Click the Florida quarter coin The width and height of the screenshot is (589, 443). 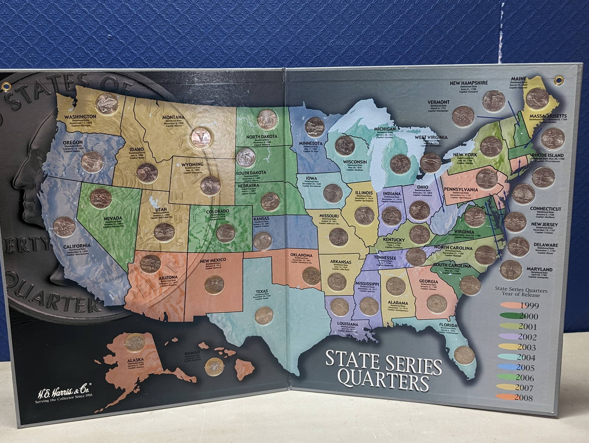(464, 355)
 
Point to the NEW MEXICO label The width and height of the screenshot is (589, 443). (215, 260)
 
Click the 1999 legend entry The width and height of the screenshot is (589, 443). (529, 305)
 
